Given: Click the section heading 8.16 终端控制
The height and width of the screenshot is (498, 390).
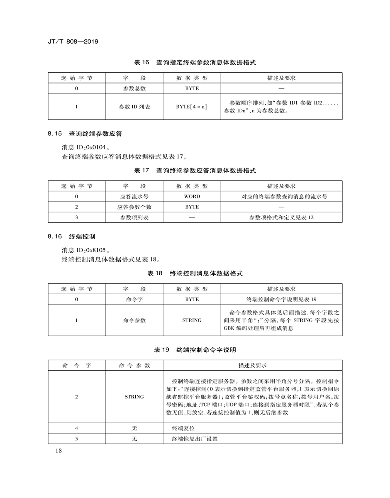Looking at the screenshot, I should pos(71,237).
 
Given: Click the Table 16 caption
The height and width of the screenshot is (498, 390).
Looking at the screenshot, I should pos(195,63).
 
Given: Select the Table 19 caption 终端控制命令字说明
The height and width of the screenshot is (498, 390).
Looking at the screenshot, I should pos(195,350).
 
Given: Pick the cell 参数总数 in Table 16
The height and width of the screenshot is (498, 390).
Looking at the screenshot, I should pos(134,88).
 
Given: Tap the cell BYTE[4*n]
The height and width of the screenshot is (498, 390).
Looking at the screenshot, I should pos(192,107).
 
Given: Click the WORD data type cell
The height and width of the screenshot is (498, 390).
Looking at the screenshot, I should pos(192,196).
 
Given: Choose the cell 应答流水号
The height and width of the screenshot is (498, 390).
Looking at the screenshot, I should pos(134,196).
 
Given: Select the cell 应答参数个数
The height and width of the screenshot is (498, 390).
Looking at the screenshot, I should pos(134,207).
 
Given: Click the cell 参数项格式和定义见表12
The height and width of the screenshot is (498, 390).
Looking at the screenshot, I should pos(281,217).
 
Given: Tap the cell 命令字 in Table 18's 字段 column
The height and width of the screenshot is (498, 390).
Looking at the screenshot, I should pos(134,299).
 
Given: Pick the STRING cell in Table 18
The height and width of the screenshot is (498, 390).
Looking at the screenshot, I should pos(192,320).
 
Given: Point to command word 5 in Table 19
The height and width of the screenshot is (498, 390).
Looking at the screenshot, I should pos(77,439).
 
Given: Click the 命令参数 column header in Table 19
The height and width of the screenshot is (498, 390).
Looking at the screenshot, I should pos(134,366).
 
